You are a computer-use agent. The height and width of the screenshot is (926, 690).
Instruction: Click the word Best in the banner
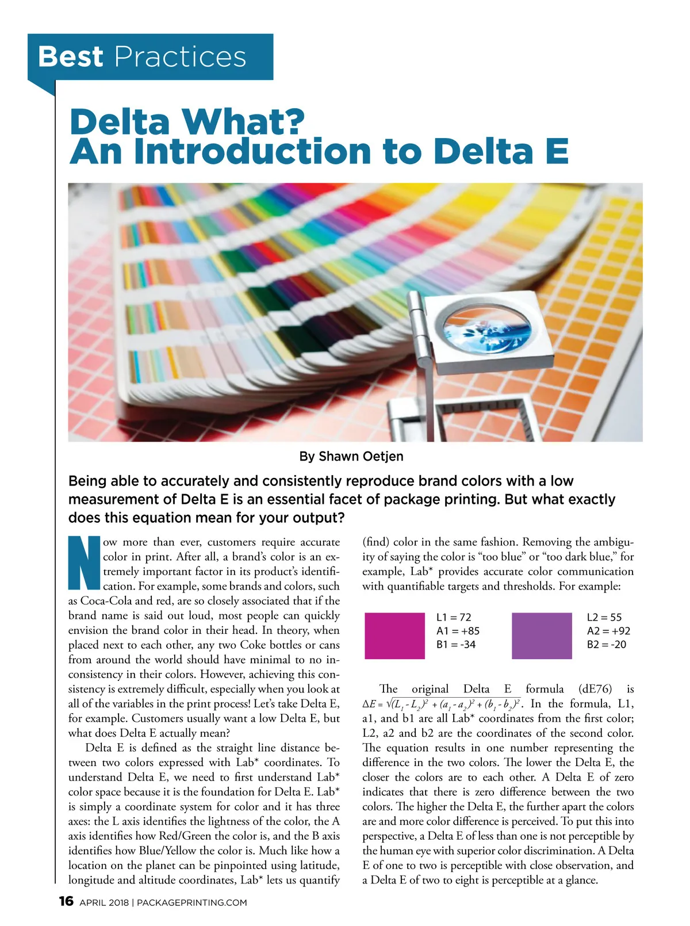[x=70, y=57]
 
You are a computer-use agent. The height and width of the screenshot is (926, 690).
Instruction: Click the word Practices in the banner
[x=180, y=57]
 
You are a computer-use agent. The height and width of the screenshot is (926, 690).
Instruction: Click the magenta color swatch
[x=394, y=636]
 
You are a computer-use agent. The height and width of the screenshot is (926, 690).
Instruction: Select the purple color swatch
[x=542, y=636]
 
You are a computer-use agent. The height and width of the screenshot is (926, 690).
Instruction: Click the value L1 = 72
[x=454, y=617]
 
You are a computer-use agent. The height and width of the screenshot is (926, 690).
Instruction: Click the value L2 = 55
[x=604, y=617]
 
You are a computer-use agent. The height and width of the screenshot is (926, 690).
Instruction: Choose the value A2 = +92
[x=608, y=631]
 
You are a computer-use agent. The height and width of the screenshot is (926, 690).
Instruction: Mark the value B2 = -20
[x=607, y=645]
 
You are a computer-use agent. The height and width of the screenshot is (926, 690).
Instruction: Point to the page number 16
[x=66, y=901]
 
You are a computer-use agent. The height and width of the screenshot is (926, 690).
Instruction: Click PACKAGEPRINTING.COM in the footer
[x=191, y=902]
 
